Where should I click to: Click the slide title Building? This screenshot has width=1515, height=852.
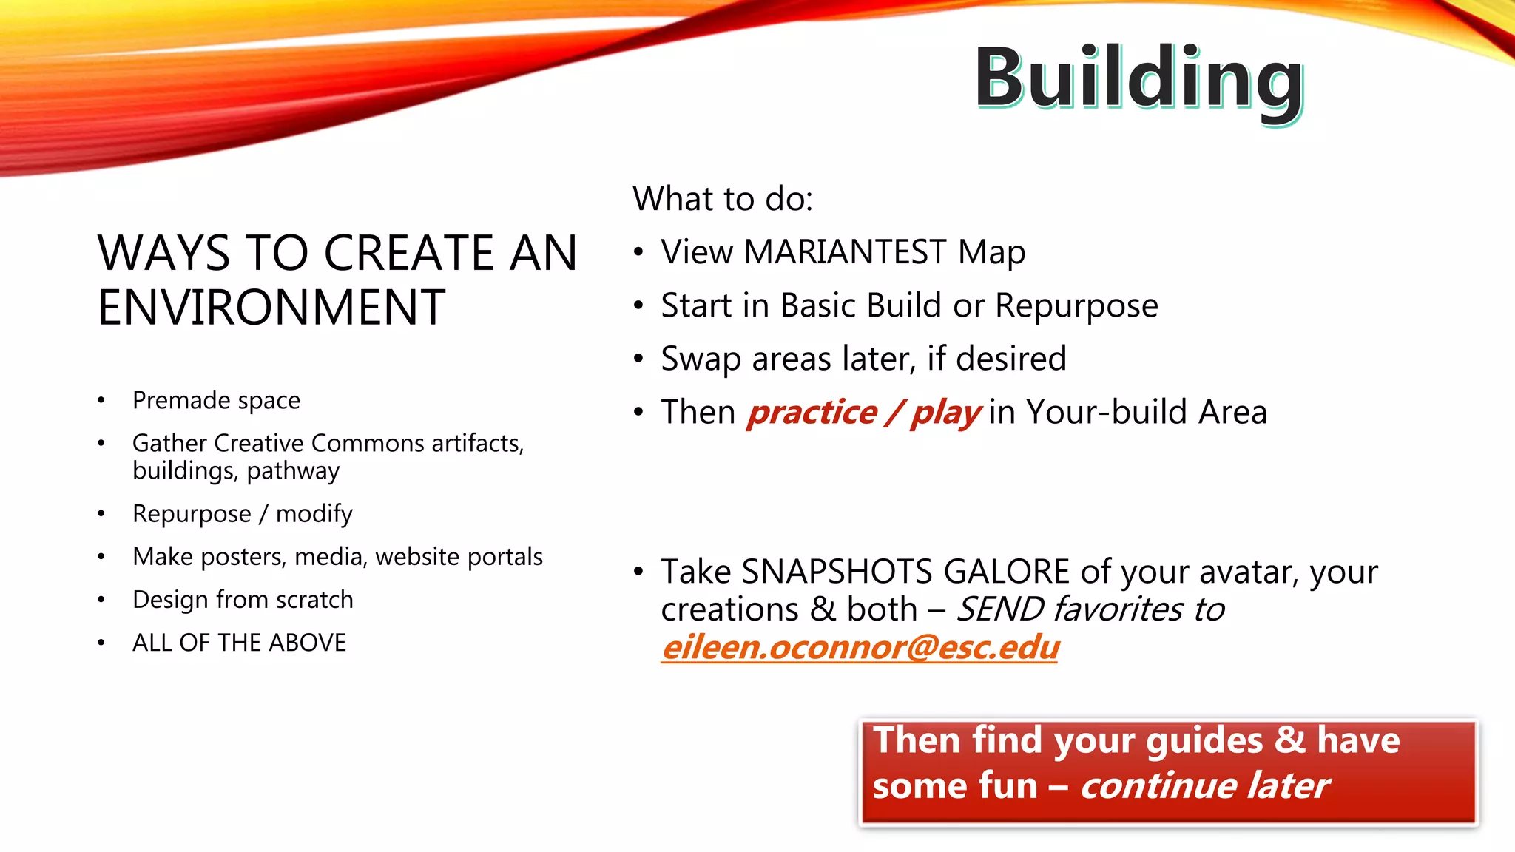pyautogui.click(x=1138, y=78)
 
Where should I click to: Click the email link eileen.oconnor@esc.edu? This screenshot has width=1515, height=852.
pyautogui.click(x=860, y=647)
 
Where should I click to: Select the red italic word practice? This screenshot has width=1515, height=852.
pyautogui.click(x=812, y=412)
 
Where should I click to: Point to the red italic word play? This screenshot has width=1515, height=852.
pyautogui.click(x=945, y=412)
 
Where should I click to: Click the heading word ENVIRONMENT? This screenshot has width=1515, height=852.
pyautogui.click(x=271, y=308)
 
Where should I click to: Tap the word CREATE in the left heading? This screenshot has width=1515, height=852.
pyautogui.click(x=409, y=253)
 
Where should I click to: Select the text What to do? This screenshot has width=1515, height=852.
pyautogui.click(x=722, y=199)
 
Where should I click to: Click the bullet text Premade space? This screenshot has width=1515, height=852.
pyautogui.click(x=216, y=400)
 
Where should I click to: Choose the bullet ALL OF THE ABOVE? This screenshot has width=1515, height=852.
pyautogui.click(x=239, y=643)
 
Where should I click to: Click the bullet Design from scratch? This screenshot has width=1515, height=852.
pyautogui.click(x=243, y=600)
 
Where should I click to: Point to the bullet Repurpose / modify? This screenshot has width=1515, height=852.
pyautogui.click(x=242, y=513)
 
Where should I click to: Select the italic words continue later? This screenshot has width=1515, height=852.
pyautogui.click(x=1204, y=785)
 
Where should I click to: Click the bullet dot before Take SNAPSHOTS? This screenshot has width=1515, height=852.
pyautogui.click(x=638, y=572)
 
